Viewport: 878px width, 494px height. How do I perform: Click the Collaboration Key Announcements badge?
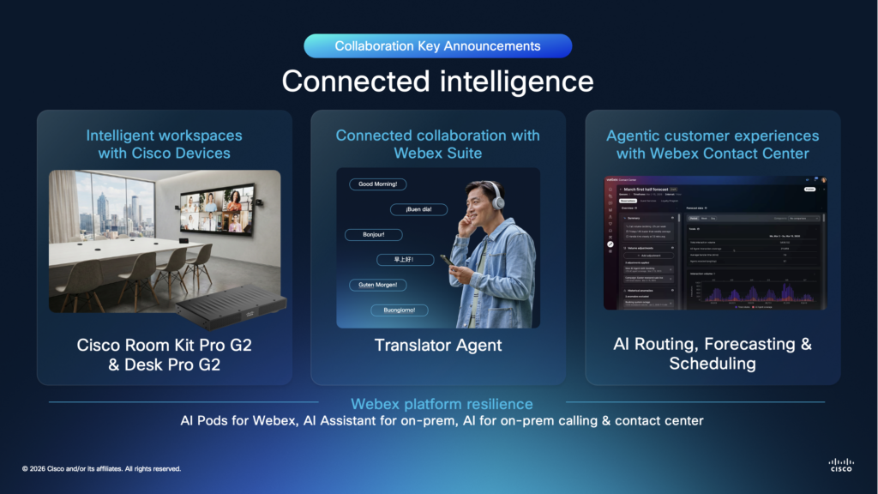click(x=437, y=45)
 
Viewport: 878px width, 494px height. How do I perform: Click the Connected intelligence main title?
click(x=437, y=81)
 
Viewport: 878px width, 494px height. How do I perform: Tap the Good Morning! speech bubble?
click(x=377, y=184)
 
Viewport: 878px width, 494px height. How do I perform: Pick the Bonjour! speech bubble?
click(x=373, y=234)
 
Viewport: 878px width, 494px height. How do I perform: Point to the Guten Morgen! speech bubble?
click(x=378, y=285)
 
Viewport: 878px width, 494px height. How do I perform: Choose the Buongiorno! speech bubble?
click(x=400, y=310)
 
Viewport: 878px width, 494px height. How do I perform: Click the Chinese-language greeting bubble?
click(x=405, y=260)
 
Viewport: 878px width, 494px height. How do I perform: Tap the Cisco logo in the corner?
click(x=841, y=465)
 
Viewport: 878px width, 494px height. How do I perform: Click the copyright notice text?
click(x=101, y=469)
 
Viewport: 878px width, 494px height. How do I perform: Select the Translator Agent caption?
click(x=437, y=346)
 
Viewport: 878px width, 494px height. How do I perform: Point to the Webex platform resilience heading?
click(x=442, y=404)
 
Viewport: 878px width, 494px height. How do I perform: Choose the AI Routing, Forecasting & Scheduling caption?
click(x=713, y=353)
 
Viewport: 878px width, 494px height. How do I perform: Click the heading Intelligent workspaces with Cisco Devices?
click(x=165, y=144)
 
